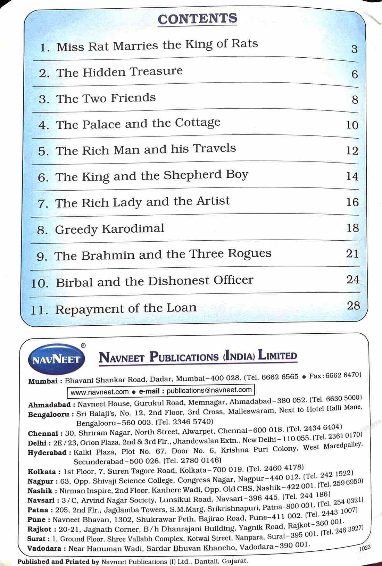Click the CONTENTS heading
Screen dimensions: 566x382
(x=197, y=19)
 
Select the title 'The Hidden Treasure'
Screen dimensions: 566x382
(x=119, y=72)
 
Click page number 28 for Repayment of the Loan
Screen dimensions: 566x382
(x=353, y=306)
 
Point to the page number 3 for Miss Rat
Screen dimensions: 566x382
(x=354, y=49)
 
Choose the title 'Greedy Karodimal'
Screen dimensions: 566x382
(x=109, y=229)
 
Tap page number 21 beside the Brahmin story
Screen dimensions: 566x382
(x=352, y=253)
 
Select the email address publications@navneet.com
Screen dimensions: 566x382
(x=209, y=390)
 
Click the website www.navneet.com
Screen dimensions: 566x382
(x=99, y=392)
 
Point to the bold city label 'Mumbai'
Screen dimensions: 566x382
(x=43, y=381)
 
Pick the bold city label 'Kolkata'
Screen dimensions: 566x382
(x=42, y=472)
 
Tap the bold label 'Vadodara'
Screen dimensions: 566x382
(x=44, y=549)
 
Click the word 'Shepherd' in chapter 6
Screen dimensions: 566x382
(x=193, y=175)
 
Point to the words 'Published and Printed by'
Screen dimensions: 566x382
(x=58, y=561)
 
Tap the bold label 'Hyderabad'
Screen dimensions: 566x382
(x=47, y=453)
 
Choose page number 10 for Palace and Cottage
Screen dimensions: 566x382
(x=352, y=125)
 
